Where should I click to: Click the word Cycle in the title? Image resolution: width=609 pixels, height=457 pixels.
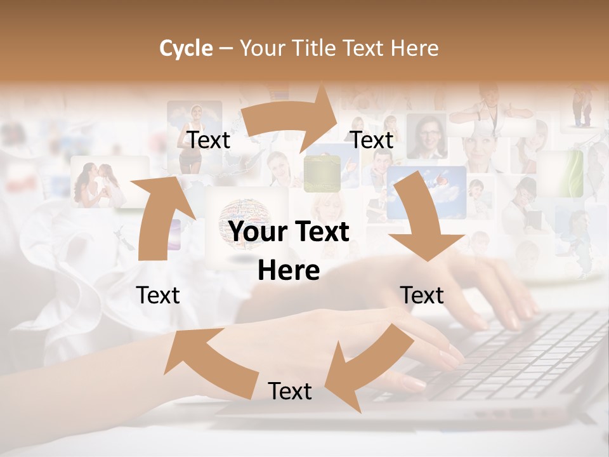(x=185, y=48)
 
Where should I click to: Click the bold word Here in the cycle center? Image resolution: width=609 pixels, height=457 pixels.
(x=289, y=270)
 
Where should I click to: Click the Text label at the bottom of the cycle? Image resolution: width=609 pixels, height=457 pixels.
(x=290, y=391)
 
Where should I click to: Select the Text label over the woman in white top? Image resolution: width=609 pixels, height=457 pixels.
(x=208, y=140)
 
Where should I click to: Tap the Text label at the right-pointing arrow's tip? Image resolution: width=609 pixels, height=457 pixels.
(x=372, y=140)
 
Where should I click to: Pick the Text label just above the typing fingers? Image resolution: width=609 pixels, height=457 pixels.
(x=422, y=295)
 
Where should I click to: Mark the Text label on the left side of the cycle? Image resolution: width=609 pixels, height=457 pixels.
(x=158, y=295)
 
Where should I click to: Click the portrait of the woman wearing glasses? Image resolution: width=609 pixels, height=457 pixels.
(x=426, y=136)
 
